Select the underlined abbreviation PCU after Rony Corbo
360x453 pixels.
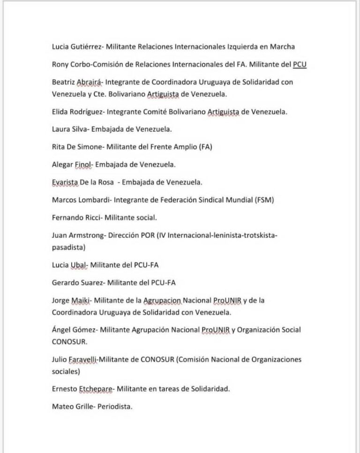click(x=300, y=64)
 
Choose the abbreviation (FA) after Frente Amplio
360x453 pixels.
click(x=206, y=147)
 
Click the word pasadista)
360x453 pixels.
click(x=68, y=247)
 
